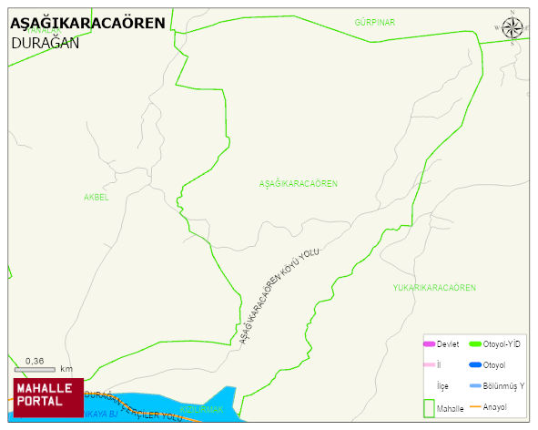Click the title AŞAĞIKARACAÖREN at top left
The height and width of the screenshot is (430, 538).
87,24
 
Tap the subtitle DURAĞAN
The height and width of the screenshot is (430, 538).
46,42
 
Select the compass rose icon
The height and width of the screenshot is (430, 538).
513,27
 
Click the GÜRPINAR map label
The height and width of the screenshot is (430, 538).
375,22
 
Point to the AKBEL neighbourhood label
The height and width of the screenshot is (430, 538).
96,197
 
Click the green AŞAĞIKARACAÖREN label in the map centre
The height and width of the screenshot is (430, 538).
299,184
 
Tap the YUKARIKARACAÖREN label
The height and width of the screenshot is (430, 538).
434,288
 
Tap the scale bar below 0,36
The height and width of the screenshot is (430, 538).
35,369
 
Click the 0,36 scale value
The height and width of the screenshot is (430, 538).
35,360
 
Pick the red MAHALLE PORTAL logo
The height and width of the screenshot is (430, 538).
47,396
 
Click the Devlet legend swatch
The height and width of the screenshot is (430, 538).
430,343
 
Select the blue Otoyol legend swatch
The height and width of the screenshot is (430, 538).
475,365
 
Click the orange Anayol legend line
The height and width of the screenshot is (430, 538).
475,406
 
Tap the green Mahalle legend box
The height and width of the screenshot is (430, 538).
429,407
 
